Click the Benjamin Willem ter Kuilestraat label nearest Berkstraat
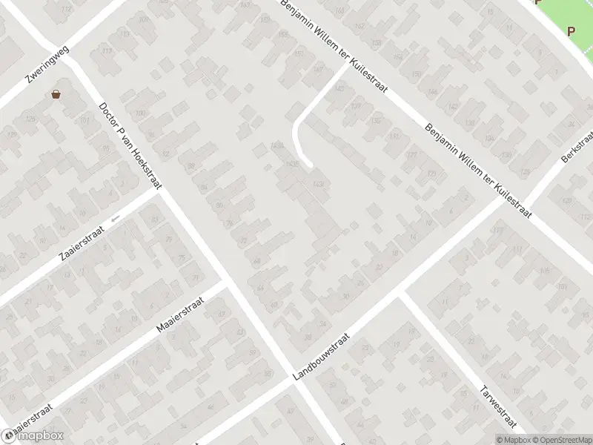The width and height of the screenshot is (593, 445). (479, 169)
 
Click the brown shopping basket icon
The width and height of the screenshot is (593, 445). (56, 94)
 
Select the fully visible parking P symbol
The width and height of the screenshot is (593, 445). (571, 31)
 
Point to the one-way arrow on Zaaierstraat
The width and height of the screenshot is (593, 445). (115, 219)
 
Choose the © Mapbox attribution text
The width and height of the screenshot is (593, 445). (511, 440)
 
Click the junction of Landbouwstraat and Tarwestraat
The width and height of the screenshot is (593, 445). (401, 295)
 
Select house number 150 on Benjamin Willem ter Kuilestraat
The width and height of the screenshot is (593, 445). (417, 74)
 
